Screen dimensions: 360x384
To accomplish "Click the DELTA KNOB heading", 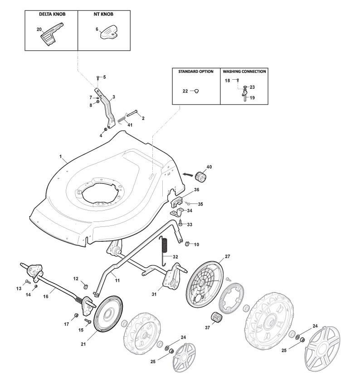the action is [52, 14].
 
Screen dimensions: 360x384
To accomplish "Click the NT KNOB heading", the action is [104, 14].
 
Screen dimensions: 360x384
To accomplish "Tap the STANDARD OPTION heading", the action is [196, 72].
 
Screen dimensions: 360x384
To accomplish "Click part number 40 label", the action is [209, 167].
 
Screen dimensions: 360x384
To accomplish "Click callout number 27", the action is [227, 256].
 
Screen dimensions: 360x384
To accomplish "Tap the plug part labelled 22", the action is [196, 91].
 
